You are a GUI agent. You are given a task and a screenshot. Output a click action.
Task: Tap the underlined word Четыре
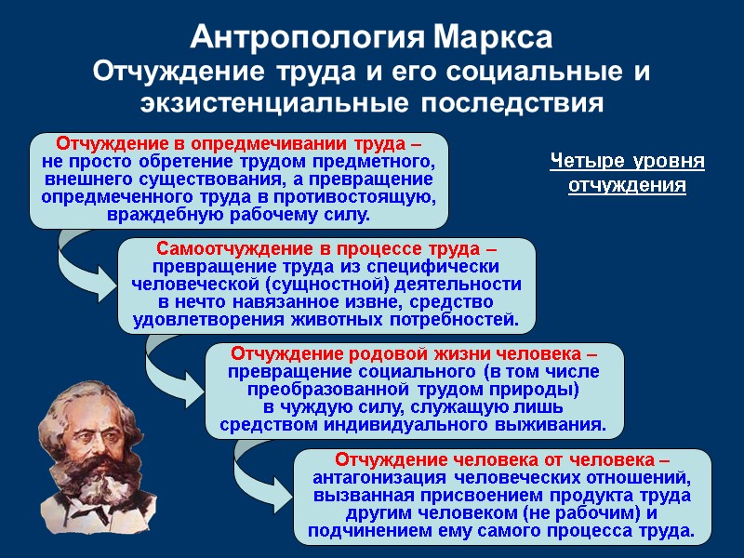[586, 162]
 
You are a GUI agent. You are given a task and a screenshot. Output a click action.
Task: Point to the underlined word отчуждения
[627, 185]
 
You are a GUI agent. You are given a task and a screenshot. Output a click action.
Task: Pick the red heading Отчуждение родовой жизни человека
[413, 354]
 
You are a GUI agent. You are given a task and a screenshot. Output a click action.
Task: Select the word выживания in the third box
[557, 425]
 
